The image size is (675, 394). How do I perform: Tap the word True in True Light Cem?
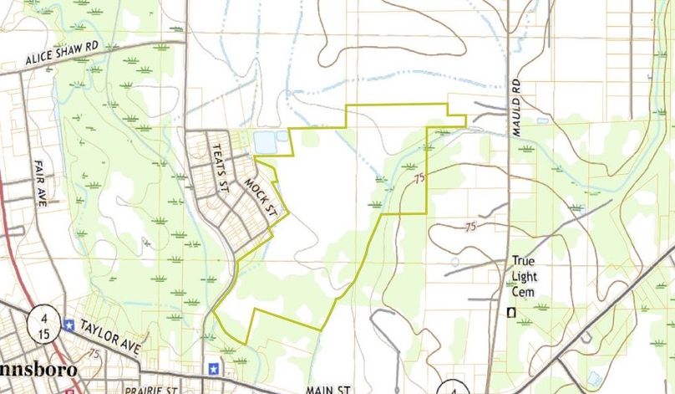(x=524, y=260)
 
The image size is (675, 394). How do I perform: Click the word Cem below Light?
(x=525, y=290)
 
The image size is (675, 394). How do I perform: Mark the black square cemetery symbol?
(x=511, y=313)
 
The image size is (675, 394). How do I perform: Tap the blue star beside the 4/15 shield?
(x=68, y=325)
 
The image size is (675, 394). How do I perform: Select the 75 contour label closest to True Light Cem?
(x=470, y=227)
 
